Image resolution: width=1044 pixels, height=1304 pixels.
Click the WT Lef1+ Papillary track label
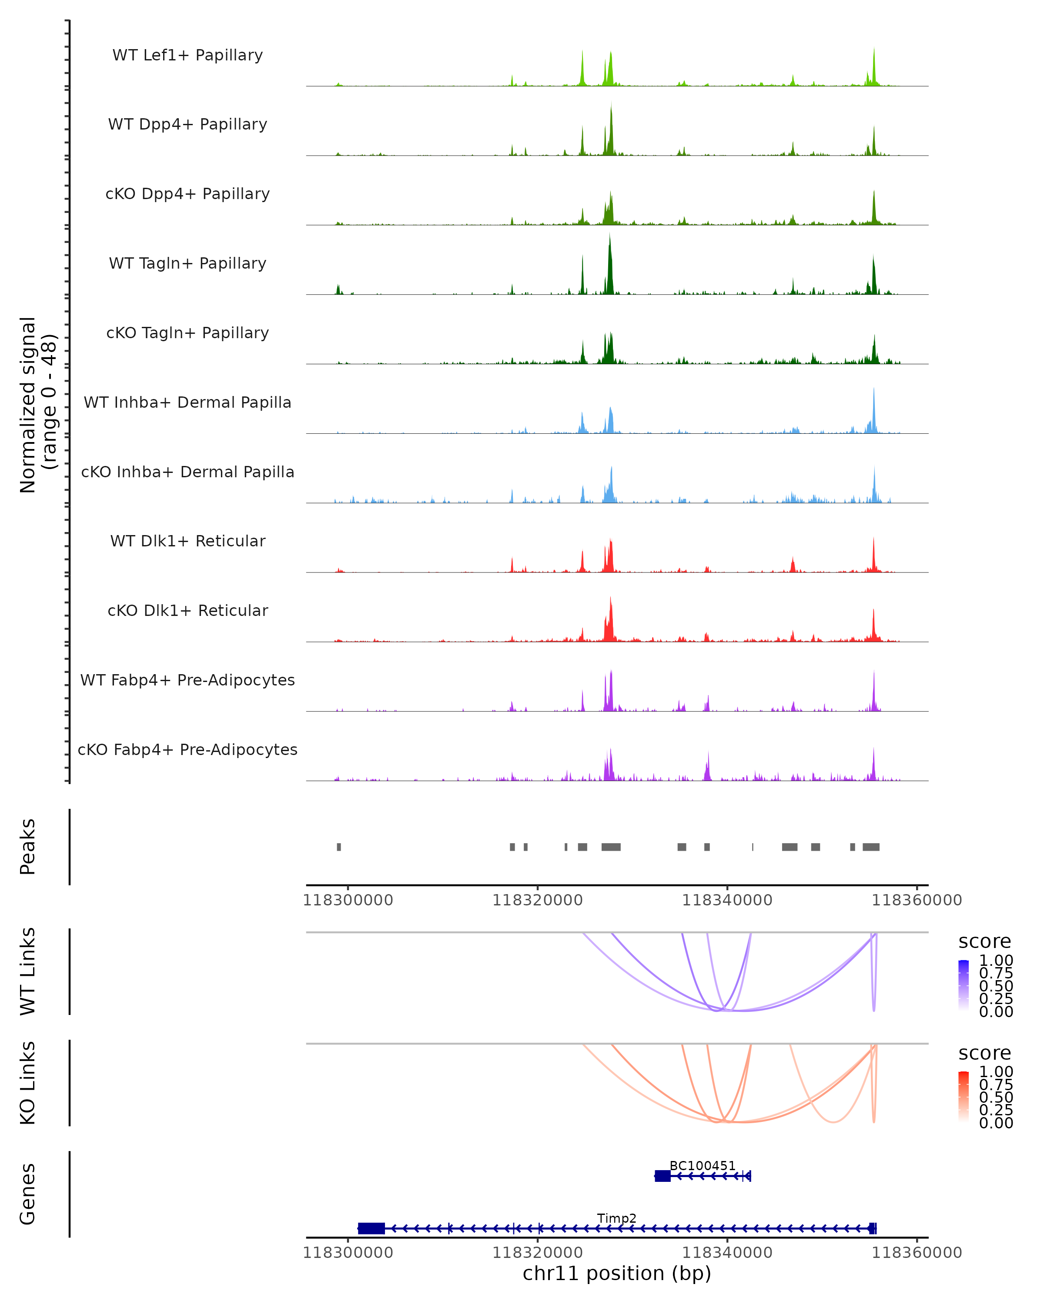[x=187, y=55]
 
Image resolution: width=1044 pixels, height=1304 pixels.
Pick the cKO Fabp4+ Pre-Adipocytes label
[x=187, y=749]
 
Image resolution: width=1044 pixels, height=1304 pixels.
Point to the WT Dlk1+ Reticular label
[x=187, y=541]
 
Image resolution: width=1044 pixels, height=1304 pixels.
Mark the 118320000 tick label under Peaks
[x=537, y=900]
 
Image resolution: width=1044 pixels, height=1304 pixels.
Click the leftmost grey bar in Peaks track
[x=339, y=847]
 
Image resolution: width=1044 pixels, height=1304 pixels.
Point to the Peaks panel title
[x=27, y=847]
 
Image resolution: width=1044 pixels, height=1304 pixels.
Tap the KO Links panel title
[x=27, y=1083]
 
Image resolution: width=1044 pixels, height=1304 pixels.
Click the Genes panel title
[x=27, y=1194]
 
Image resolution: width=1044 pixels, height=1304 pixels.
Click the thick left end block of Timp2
[x=371, y=1228]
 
